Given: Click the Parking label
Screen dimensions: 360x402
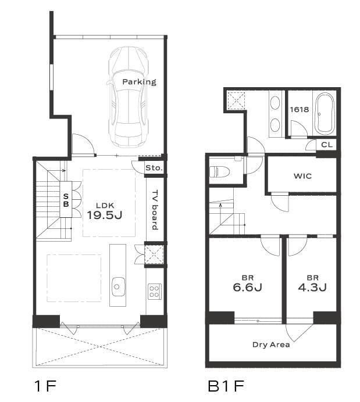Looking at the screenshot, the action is [x=139, y=82].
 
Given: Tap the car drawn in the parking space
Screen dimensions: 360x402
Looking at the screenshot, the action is [x=129, y=97].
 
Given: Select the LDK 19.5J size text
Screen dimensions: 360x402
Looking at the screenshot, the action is [x=105, y=215].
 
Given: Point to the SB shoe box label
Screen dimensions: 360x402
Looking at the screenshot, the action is [x=66, y=200].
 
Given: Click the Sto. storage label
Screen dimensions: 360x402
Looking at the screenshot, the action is [x=154, y=168].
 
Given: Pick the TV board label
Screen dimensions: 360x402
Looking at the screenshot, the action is [x=155, y=210].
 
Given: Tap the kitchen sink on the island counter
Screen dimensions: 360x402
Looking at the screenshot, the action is [x=118, y=286].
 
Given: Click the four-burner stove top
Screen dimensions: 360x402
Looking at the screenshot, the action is [x=155, y=292].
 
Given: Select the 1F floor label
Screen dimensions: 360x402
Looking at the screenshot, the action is [x=45, y=386].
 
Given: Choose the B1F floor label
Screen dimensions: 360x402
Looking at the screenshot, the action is [x=226, y=386].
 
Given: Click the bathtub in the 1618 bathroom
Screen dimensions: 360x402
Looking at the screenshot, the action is [x=325, y=113].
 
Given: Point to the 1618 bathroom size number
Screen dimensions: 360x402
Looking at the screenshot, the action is [x=299, y=109].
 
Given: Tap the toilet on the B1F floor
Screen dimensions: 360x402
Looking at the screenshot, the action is [x=219, y=171].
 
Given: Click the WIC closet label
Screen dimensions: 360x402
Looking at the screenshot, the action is [x=302, y=176].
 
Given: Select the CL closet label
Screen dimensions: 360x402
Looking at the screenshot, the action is [x=327, y=145].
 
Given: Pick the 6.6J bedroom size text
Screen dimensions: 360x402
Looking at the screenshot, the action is [x=247, y=288].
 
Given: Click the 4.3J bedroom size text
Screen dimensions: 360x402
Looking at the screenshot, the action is [x=312, y=288].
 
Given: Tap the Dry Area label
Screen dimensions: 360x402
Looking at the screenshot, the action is [x=271, y=344].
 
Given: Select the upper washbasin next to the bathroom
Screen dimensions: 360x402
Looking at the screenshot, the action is [x=275, y=103].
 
